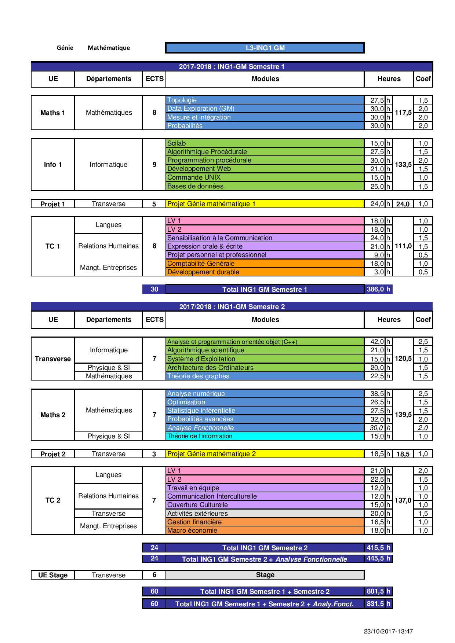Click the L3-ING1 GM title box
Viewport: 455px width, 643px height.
(x=265, y=48)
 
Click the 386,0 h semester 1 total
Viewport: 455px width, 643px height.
(x=378, y=289)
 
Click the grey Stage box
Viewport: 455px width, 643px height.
(x=265, y=575)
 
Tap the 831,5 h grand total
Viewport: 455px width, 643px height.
(x=378, y=603)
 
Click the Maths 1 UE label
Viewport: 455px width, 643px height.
(x=53, y=113)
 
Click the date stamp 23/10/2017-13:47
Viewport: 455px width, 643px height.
(x=388, y=631)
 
